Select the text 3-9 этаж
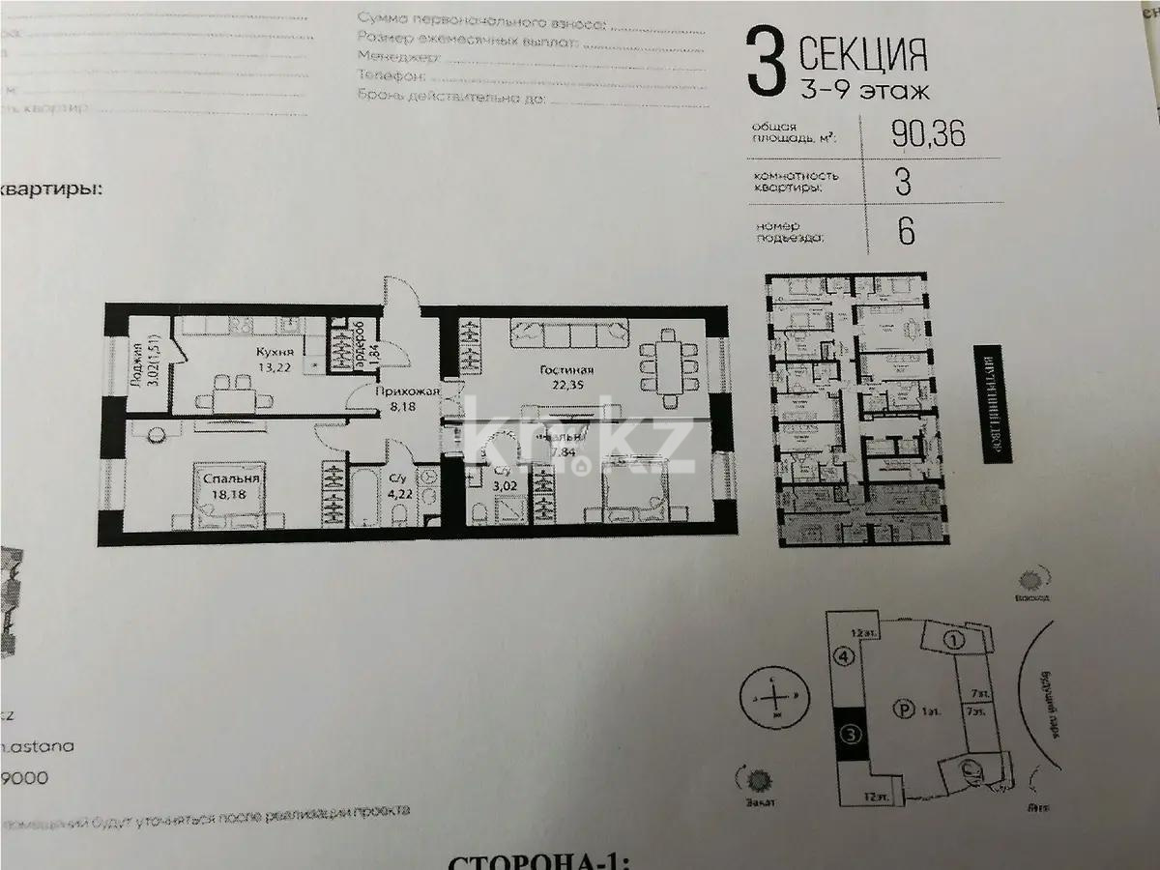click(x=864, y=92)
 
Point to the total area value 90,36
click(x=927, y=135)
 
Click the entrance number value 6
click(x=904, y=232)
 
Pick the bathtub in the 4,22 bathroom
click(x=362, y=494)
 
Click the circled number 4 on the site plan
click(x=843, y=656)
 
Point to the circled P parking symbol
click(x=903, y=711)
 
